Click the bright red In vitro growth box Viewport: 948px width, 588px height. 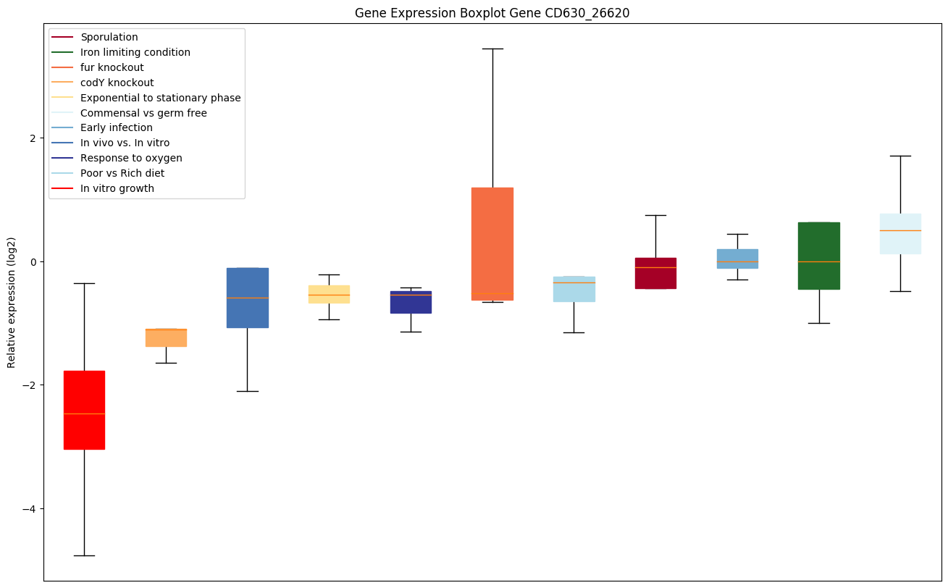[x=84, y=410]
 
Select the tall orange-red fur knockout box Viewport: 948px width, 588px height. [x=492, y=243]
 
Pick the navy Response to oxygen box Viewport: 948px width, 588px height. [x=411, y=302]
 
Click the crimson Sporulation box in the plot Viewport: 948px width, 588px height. [x=655, y=273]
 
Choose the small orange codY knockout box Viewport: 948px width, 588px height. [x=166, y=337]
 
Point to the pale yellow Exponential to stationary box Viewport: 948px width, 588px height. [x=329, y=294]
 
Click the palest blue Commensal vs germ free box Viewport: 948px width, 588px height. [x=900, y=233]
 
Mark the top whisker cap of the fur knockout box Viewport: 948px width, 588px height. [x=492, y=49]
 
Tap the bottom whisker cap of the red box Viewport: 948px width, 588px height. [x=84, y=555]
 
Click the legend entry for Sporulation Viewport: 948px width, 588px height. [x=109, y=37]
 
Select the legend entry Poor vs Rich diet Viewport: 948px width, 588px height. [x=122, y=173]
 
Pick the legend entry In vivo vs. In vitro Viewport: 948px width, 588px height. [x=125, y=143]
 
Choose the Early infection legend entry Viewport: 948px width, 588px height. [x=117, y=127]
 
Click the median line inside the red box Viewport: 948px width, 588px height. [x=84, y=413]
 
